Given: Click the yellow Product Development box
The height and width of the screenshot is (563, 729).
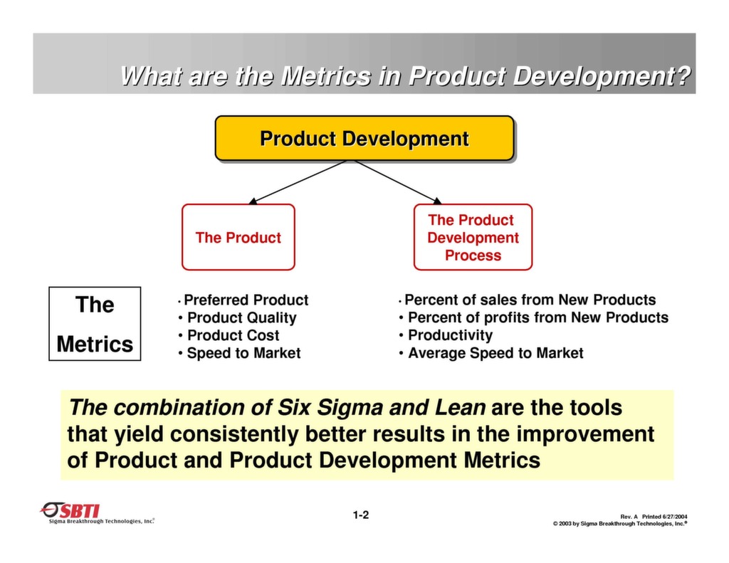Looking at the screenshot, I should pyautogui.click(x=364, y=138).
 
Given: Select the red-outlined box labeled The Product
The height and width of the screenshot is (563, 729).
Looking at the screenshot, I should pyautogui.click(x=238, y=238).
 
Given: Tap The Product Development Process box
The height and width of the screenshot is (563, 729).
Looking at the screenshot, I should pyautogui.click(x=473, y=238).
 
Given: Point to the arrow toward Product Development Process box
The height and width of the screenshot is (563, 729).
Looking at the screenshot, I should pyautogui.click(x=397, y=181).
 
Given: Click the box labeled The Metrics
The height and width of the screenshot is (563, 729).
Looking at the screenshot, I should pyautogui.click(x=95, y=324).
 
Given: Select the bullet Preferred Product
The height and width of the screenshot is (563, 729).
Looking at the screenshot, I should pyautogui.click(x=246, y=300).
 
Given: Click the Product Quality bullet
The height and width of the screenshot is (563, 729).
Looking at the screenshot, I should pyautogui.click(x=241, y=318).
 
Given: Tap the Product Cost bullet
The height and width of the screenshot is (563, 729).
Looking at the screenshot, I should pyautogui.click(x=233, y=335).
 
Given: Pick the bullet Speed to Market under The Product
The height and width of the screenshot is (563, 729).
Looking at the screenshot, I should pyautogui.click(x=243, y=353).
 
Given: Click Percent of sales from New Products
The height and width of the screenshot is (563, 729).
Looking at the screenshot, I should pyautogui.click(x=530, y=300).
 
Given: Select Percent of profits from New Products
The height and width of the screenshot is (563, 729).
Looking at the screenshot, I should pyautogui.click(x=537, y=317).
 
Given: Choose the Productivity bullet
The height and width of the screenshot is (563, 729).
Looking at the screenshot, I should pyautogui.click(x=450, y=335).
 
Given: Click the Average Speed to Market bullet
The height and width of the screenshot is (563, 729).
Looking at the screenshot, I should pyautogui.click(x=495, y=353).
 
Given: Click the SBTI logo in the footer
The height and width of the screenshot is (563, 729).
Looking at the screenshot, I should pyautogui.click(x=71, y=511).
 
